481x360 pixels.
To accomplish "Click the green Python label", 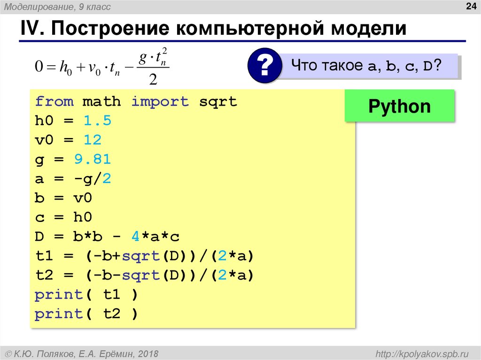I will (399, 107).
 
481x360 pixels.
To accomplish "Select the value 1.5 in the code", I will (97, 121).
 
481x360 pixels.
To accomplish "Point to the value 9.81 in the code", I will (92, 160).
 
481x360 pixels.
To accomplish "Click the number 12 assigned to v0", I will (93, 140).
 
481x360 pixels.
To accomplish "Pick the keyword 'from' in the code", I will (54, 102).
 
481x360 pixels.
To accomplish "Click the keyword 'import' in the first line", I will (160, 102).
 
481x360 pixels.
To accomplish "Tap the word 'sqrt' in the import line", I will (218, 102).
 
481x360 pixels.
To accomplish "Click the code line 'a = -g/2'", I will (73, 179).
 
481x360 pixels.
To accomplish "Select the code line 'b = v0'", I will (63, 198).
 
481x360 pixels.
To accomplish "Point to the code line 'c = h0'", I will (63, 217).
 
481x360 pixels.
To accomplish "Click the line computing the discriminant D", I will (107, 237).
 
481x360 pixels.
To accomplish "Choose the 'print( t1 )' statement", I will (87, 295).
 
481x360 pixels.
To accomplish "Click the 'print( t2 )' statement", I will (87, 314).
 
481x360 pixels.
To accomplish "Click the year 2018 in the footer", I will (148, 353).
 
